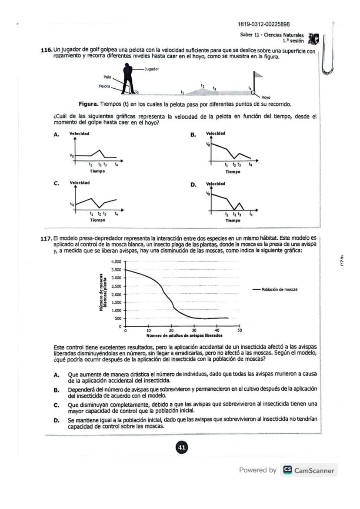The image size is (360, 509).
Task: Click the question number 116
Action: (x=47, y=51)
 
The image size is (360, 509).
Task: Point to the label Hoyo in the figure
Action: (x=266, y=97)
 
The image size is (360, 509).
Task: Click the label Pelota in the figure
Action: (x=104, y=86)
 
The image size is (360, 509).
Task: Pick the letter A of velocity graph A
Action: (x=56, y=135)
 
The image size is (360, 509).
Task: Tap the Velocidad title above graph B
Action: (x=215, y=133)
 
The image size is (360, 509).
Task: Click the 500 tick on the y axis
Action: (x=118, y=318)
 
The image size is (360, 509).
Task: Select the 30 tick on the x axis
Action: (x=194, y=331)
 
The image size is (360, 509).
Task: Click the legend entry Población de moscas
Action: (x=279, y=289)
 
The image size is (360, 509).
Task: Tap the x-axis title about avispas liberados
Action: (x=184, y=336)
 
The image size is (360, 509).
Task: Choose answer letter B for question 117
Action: (x=56, y=390)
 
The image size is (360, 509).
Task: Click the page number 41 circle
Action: (x=181, y=447)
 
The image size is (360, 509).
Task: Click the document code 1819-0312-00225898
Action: (x=264, y=24)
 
